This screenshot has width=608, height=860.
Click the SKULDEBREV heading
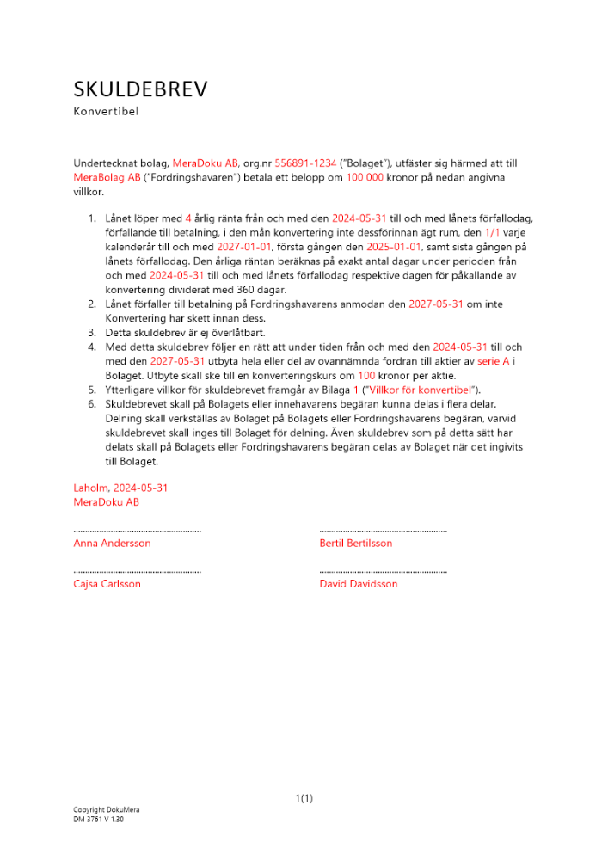(140, 89)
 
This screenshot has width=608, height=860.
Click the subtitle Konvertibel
(106, 111)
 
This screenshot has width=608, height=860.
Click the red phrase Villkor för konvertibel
(418, 390)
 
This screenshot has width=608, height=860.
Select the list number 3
(92, 333)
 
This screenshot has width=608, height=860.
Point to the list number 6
(92, 403)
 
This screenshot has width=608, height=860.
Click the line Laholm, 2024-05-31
(120, 488)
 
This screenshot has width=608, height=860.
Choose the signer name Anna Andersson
(112, 544)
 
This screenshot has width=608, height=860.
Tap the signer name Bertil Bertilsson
(355, 544)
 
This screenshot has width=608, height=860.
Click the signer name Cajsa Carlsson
(107, 584)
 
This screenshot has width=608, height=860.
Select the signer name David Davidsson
(358, 584)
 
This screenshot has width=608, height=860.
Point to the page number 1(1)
(304, 799)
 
